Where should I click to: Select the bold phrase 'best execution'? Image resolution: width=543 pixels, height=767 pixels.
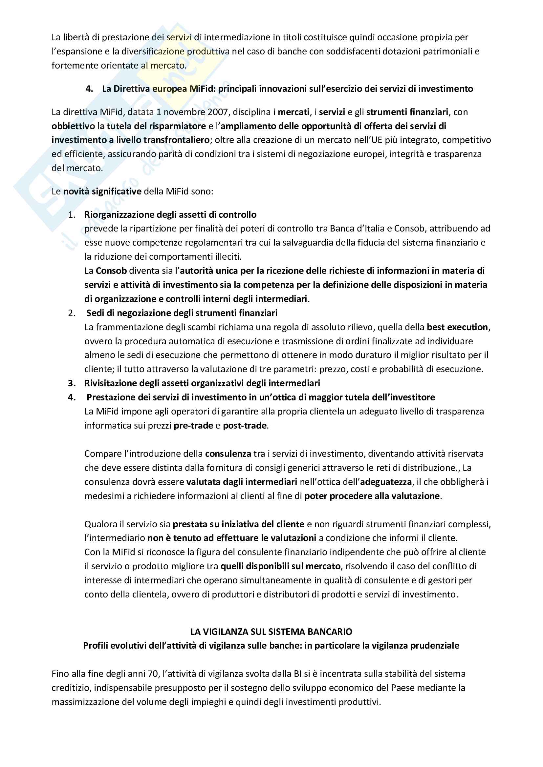coord(457,327)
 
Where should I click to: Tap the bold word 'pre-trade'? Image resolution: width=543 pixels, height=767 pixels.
coord(193,426)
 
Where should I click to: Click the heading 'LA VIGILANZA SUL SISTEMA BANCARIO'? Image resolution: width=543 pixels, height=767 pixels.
coord(271,632)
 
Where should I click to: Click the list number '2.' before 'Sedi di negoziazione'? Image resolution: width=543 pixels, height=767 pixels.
coord(72,313)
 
